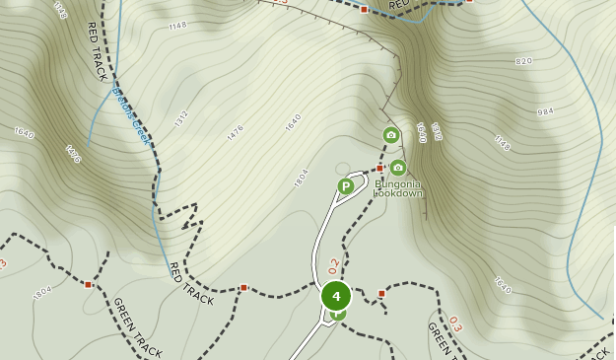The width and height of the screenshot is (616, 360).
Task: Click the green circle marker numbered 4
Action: click(336, 295)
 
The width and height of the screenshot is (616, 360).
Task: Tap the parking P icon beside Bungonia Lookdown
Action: click(346, 185)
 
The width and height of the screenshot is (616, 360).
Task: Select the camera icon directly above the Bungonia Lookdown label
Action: click(397, 168)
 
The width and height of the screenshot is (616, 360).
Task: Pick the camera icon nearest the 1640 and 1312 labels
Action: click(391, 135)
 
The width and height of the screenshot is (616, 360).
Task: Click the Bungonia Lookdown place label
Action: click(398, 187)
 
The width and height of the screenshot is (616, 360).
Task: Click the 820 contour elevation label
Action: click(523, 61)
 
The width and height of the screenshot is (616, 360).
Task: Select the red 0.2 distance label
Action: click(334, 265)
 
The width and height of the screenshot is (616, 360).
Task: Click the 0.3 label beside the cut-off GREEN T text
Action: click(454, 324)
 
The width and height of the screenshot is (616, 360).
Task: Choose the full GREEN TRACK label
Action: click(136, 326)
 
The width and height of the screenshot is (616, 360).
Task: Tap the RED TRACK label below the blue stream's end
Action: click(190, 283)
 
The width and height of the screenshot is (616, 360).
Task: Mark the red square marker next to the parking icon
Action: click(379, 169)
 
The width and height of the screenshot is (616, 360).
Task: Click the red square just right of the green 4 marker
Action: click(381, 293)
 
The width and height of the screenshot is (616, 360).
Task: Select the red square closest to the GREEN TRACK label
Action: click(88, 284)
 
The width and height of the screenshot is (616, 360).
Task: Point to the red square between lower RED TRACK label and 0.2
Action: click(243, 288)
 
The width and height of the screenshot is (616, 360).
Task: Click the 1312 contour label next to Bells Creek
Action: click(180, 119)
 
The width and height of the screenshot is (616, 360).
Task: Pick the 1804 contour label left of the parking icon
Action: click(301, 179)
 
